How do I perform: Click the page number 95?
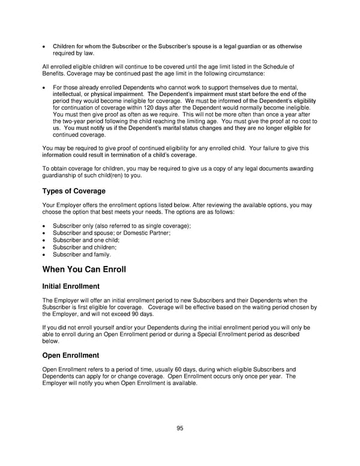click(x=179, y=428)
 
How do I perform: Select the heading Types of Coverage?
click(x=74, y=191)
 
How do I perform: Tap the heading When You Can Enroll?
click(x=84, y=269)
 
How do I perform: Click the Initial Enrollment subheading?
click(x=71, y=286)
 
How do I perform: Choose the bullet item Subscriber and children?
click(x=84, y=247)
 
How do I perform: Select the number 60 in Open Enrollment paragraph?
click(x=170, y=369)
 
